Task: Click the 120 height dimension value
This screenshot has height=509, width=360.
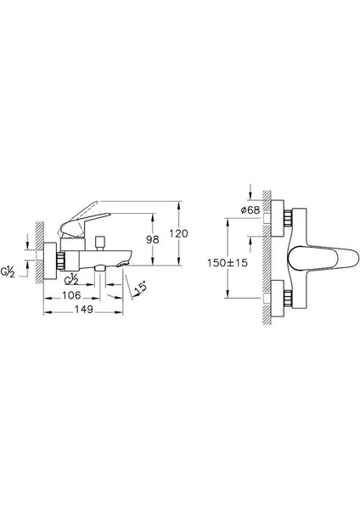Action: coord(178,233)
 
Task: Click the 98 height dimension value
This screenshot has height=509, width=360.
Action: coord(152,239)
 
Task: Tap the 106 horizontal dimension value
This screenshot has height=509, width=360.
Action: coord(71,295)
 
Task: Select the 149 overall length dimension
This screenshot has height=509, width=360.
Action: coord(84,310)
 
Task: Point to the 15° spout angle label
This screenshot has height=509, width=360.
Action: coord(141,288)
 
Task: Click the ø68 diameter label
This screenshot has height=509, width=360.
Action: coord(250,210)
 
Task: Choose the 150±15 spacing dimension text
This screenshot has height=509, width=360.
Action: coord(228,263)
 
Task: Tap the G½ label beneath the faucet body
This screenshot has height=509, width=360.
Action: coord(71,279)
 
